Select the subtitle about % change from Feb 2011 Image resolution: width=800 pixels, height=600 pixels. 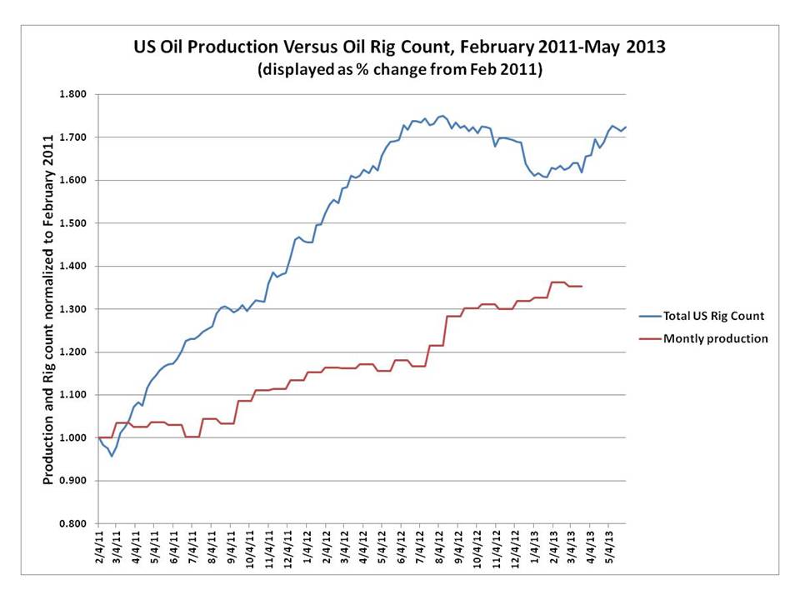tap(400, 71)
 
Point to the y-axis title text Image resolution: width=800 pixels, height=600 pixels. tap(49, 308)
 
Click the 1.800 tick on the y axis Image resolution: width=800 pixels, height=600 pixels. tap(73, 94)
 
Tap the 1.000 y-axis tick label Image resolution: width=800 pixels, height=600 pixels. tap(73, 437)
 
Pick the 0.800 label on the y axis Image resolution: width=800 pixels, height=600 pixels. tap(73, 523)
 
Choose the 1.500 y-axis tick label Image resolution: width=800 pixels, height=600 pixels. tap(73, 223)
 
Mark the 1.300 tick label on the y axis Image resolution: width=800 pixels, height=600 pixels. tap(73, 309)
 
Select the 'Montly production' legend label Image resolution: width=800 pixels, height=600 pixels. tap(715, 338)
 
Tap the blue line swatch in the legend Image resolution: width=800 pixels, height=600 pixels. tap(650, 317)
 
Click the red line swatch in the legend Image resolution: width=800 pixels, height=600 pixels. tap(650, 338)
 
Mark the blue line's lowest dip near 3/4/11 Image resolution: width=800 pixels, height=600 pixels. tap(112, 456)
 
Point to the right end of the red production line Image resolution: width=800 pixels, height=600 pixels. tap(582, 286)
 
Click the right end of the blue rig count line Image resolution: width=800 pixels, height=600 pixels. tap(626, 127)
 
